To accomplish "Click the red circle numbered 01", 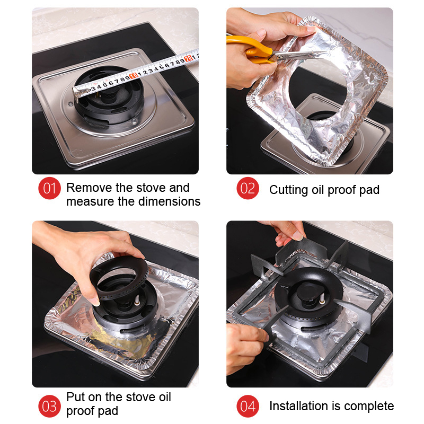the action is (x=49, y=188).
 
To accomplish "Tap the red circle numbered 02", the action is (x=248, y=188).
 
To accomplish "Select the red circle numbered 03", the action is (x=49, y=406).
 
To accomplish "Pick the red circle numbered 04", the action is (x=248, y=406).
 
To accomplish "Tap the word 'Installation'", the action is (x=298, y=406).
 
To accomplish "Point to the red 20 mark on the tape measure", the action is (x=188, y=58).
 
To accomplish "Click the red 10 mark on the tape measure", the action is (x=134, y=76).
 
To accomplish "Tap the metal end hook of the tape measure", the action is (x=76, y=94).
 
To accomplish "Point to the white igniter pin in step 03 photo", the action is (x=137, y=299).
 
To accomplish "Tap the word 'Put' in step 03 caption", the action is (x=75, y=397).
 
